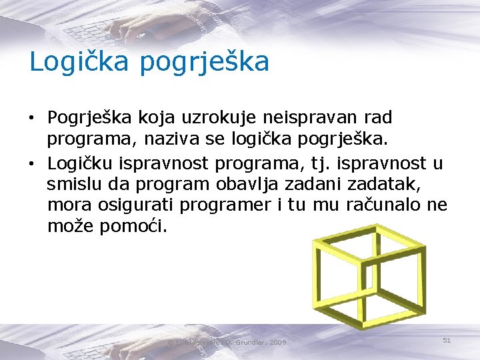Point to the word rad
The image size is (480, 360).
(x=379, y=118)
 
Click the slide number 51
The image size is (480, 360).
(x=447, y=341)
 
